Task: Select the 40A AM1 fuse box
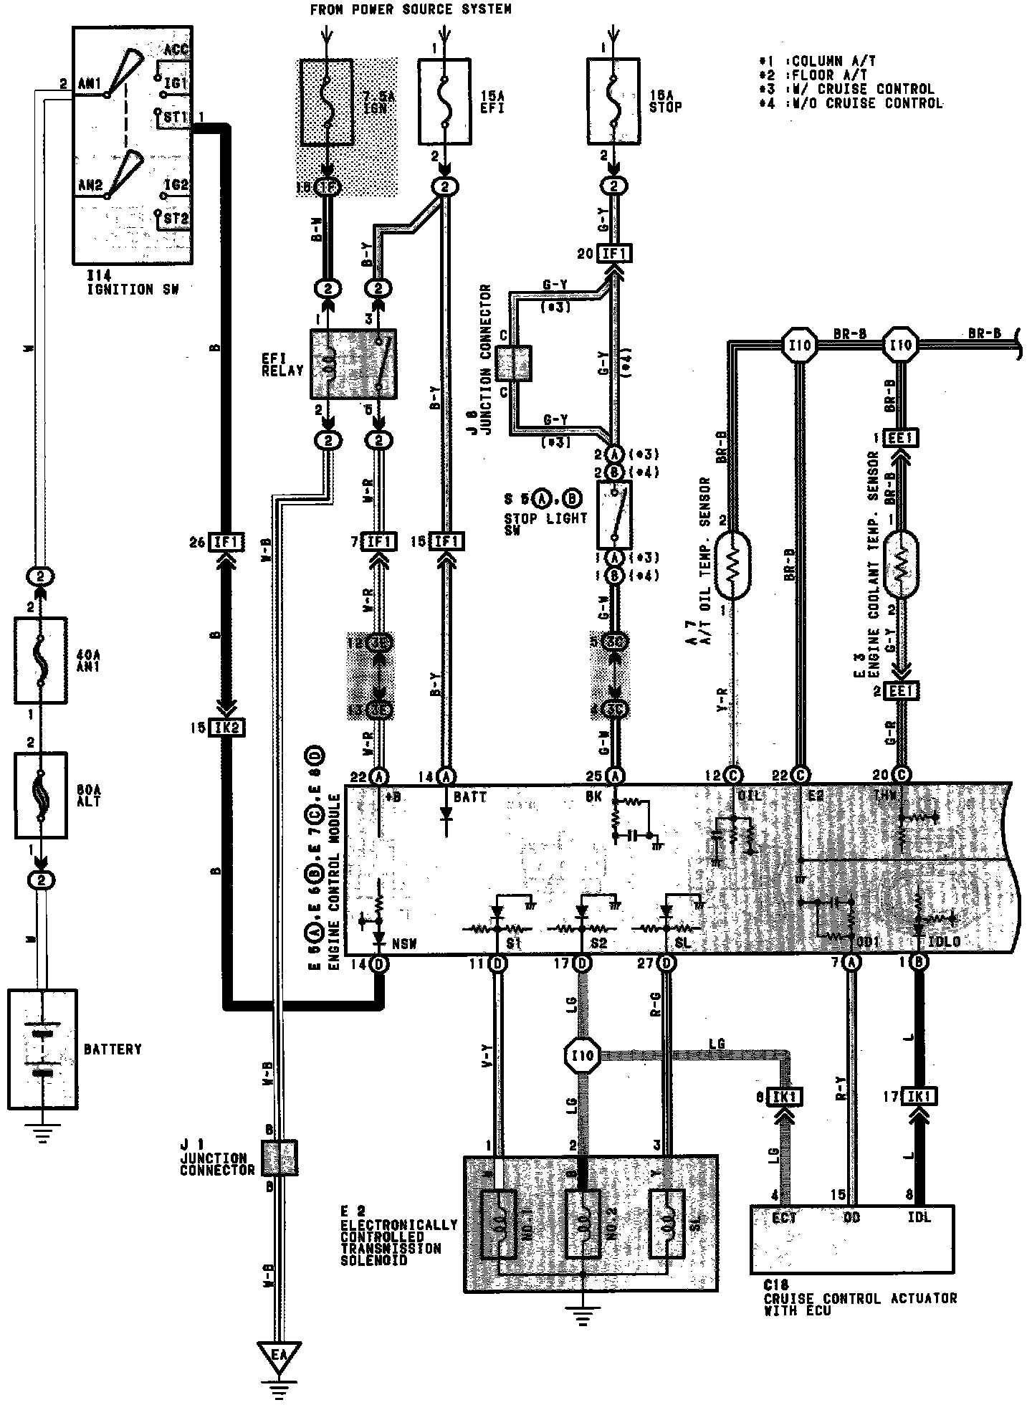pos(41,660)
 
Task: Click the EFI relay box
pos(353,364)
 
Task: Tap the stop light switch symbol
pos(614,515)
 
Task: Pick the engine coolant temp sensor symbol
pos(902,563)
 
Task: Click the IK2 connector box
pos(226,728)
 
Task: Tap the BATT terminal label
pos(469,796)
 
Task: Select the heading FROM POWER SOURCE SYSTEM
pos(410,9)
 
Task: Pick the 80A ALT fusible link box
pos(41,795)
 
